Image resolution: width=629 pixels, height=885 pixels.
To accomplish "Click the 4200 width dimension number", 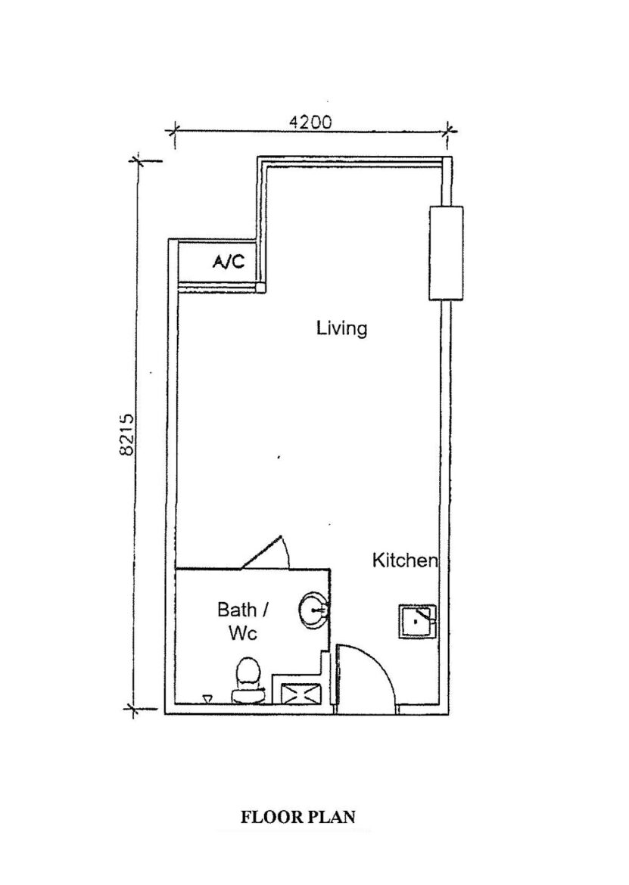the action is coord(310,122).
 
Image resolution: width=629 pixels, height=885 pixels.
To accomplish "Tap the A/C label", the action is coord(229,261).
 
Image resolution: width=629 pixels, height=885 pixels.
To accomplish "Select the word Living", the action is coord(341,328).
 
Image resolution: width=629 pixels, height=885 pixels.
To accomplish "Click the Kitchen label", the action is coord(405,560).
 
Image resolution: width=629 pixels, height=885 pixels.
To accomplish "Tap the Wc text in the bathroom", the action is coord(243,632).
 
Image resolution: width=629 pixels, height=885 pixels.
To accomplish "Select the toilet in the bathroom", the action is coord(249,680).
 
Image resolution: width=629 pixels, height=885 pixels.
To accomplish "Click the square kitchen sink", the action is coord(418,622).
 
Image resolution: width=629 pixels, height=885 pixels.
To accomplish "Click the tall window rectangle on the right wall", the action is coord(446,253).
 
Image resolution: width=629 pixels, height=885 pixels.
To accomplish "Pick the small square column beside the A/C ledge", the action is coord(261,288).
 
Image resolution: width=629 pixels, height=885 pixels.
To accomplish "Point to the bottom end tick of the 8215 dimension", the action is coord(134,708).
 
